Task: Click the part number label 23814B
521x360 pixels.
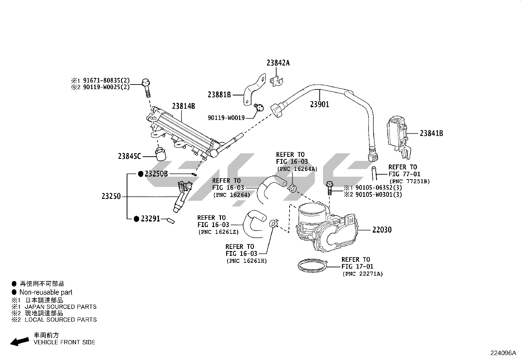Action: [x=184, y=106]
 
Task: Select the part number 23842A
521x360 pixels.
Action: [x=278, y=63]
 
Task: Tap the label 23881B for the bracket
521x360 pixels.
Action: [x=219, y=95]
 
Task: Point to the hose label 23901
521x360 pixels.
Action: [x=320, y=104]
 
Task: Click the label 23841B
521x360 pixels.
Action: [x=431, y=133]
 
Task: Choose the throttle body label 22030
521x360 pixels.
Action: [x=382, y=230]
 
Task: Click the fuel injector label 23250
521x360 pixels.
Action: [x=111, y=197]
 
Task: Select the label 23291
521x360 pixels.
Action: [x=150, y=218]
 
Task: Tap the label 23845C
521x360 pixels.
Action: [x=130, y=156]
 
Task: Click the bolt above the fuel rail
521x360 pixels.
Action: [x=146, y=87]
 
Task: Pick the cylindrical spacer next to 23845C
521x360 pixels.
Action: [x=160, y=154]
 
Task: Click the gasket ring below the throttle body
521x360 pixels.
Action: [x=313, y=265]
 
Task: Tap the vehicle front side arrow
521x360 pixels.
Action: [x=19, y=341]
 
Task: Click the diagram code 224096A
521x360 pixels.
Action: [x=503, y=353]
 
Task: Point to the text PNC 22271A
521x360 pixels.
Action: [x=362, y=274]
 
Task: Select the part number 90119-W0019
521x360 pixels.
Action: [x=226, y=118]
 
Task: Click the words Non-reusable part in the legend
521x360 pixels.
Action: [x=46, y=292]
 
